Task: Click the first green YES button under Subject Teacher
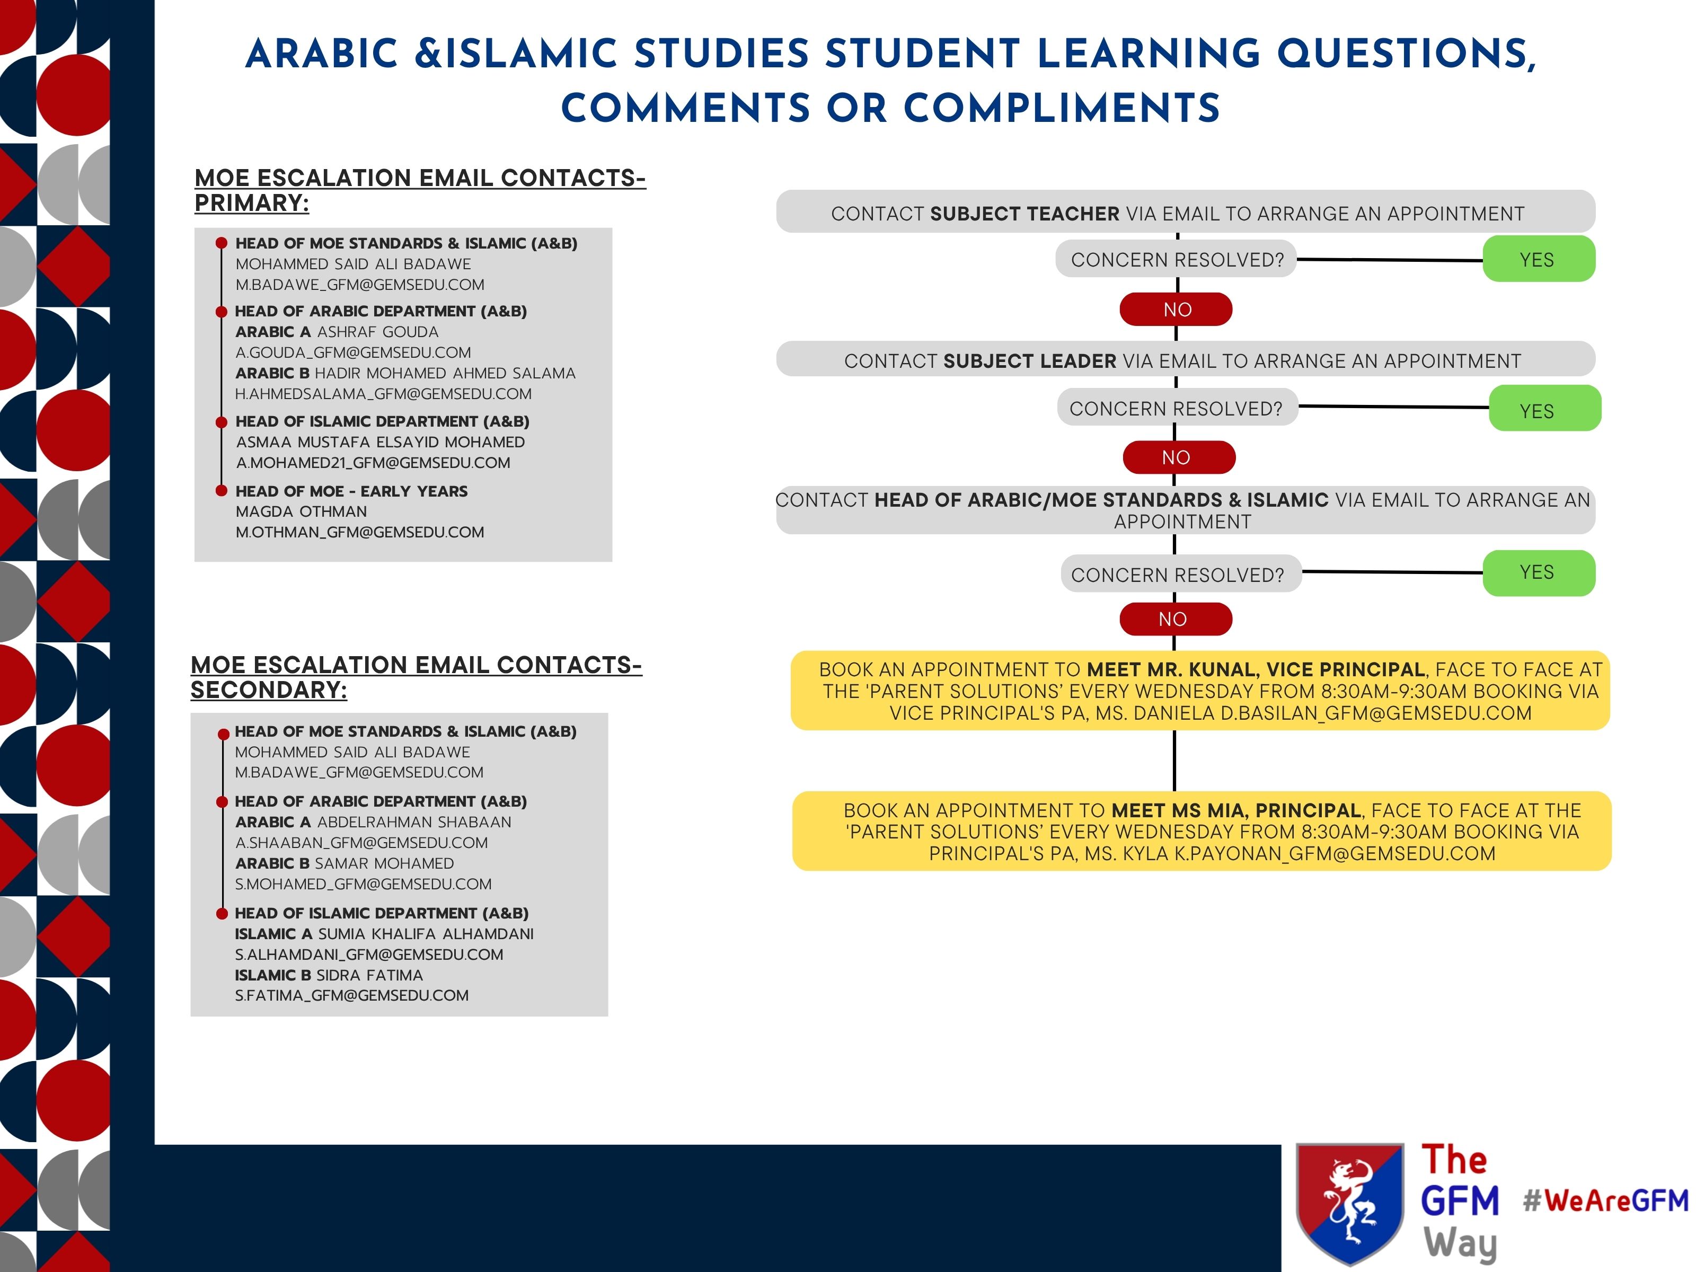1538,259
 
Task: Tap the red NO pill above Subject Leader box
1176,310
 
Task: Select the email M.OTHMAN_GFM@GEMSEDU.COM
359,532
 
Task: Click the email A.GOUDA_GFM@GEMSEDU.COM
352,352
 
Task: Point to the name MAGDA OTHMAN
302,511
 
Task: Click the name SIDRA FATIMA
369,975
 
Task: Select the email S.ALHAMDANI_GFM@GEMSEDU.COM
369,955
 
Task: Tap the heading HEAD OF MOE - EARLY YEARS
351,491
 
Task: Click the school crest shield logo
1349,1203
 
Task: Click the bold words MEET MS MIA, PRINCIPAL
1236,810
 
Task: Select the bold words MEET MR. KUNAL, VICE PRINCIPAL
1256,669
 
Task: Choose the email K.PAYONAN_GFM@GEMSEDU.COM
1335,853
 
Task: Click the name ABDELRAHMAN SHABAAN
414,822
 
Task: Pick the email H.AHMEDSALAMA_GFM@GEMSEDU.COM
383,394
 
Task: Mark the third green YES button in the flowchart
1538,573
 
